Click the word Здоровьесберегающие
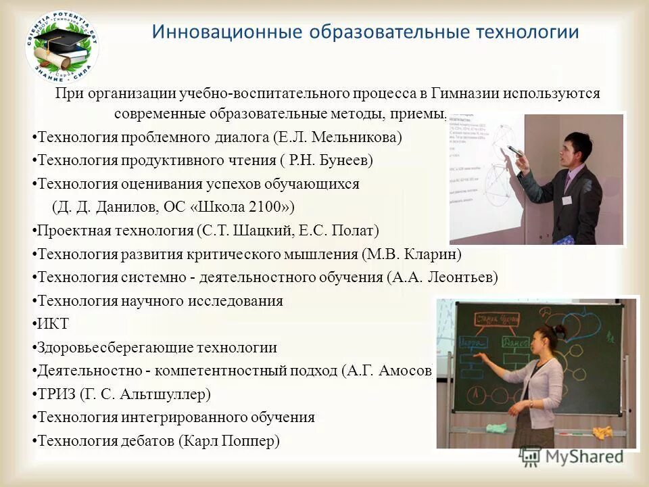[x=115, y=348]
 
